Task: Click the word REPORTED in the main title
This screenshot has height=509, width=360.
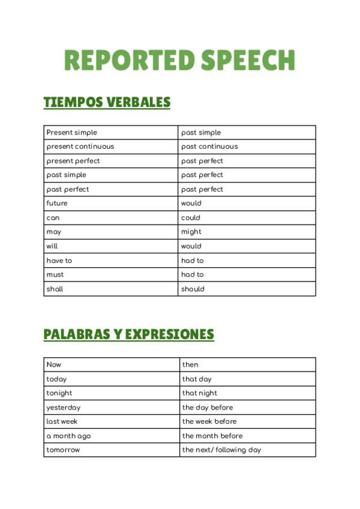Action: (x=130, y=61)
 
